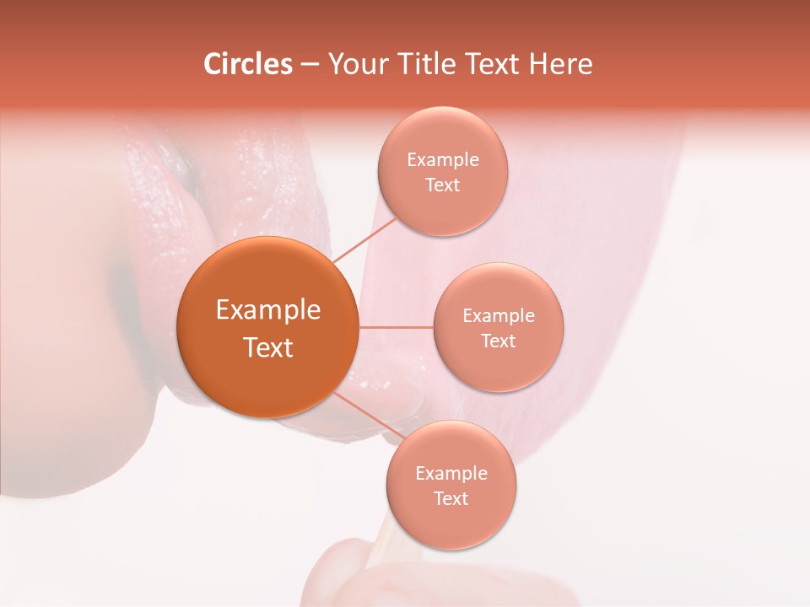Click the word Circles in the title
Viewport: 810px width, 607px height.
[247, 64]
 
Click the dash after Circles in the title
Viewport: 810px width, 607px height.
[310, 65]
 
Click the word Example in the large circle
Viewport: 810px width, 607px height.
[267, 310]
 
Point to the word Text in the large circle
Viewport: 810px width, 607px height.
[267, 347]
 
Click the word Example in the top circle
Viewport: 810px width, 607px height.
[442, 159]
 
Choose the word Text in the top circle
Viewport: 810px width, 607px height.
[442, 185]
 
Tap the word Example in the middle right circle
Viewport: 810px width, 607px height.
[498, 315]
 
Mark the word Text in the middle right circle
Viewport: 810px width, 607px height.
[498, 341]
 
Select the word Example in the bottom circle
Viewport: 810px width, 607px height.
[451, 473]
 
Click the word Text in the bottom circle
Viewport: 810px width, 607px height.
[451, 498]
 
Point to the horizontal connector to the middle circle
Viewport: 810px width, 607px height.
[396, 327]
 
